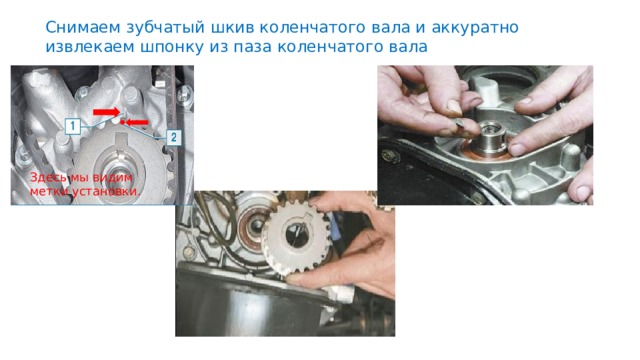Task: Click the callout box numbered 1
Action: pyautogui.click(x=72, y=125)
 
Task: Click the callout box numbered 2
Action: pyautogui.click(x=174, y=137)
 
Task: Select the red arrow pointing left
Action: pyautogui.click(x=144, y=122)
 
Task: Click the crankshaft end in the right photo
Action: pyautogui.click(x=491, y=135)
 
